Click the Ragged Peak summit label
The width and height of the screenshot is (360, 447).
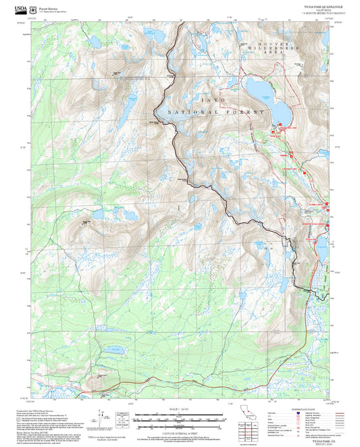[86, 221]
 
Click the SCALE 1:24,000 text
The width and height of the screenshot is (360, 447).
[180, 409]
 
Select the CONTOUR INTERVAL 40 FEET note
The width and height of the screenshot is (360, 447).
[180, 431]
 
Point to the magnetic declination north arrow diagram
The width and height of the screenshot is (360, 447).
[123, 417]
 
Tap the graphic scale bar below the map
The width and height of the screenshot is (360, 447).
[180, 419]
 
